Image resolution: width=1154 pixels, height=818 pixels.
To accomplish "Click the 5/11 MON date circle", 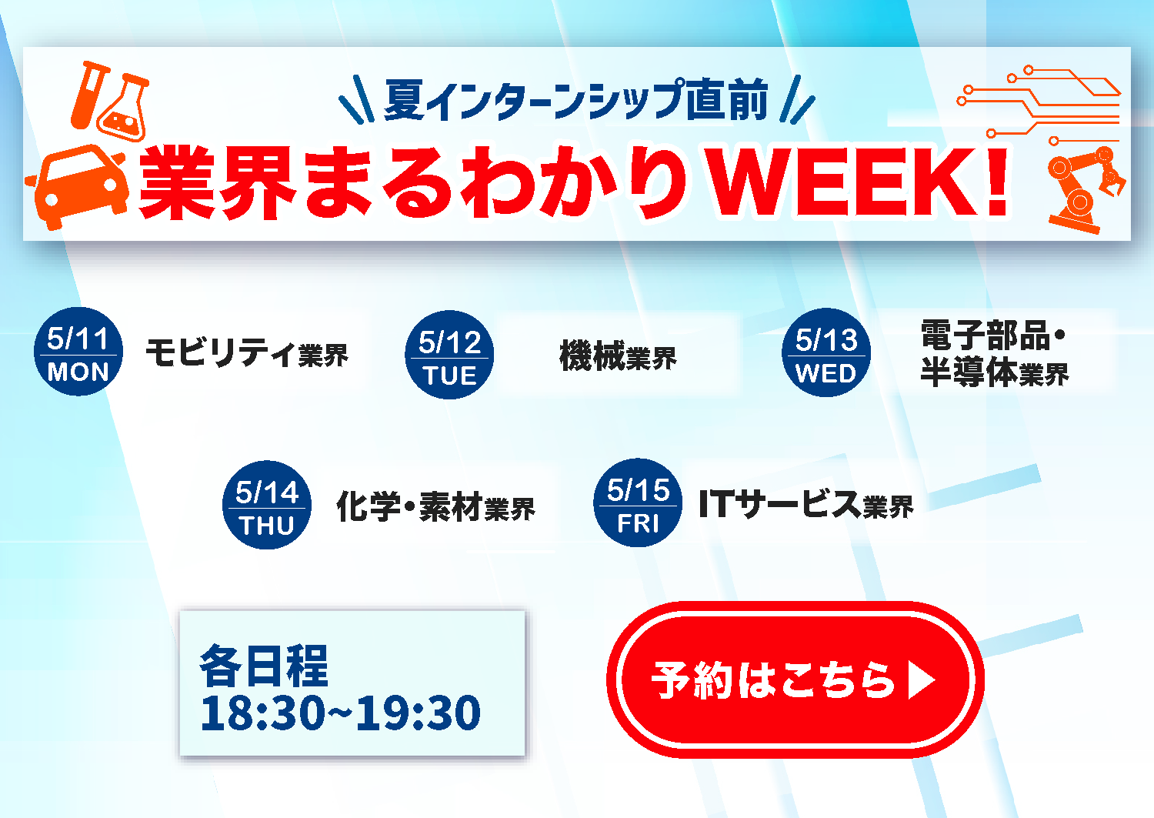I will pos(78,352).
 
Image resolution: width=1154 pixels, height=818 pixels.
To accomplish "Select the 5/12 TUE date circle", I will pos(449,356).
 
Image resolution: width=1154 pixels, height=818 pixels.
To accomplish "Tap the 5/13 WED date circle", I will pos(826,353).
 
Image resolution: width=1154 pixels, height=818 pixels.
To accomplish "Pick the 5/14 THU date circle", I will pos(267,506).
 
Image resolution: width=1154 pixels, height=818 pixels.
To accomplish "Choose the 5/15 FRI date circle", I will pos(638,503).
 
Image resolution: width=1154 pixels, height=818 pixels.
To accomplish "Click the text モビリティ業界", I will pos(247,353).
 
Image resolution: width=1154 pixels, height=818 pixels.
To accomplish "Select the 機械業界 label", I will pos(618,356).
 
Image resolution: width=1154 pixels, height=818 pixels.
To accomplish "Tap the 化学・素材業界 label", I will pos(435,507).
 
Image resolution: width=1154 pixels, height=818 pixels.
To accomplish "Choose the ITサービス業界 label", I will pos(805,505).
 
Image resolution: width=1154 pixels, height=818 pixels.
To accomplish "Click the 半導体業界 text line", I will pos(994,373).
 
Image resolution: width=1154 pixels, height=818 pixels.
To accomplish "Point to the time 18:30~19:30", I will pos(340,713).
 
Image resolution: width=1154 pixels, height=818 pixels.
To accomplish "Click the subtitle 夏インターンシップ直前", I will pos(576,101).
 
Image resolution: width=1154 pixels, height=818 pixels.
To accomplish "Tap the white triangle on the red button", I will pos(920,680).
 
